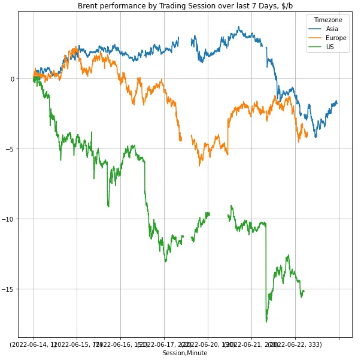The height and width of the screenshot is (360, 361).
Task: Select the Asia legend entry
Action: pos(332,29)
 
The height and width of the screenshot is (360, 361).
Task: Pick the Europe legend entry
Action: pos(336,38)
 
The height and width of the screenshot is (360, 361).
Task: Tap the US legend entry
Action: pos(330,47)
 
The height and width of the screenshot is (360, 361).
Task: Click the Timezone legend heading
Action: pos(328,20)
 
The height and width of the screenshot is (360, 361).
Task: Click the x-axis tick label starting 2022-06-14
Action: pos(34,345)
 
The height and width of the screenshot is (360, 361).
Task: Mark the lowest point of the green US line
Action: pos(266,322)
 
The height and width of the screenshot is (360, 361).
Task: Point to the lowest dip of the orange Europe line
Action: pos(200,165)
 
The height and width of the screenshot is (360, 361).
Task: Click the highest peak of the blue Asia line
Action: pos(239,26)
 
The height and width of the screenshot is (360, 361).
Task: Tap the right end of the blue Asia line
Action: pos(337,102)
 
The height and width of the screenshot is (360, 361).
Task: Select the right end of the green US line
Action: pos(304,291)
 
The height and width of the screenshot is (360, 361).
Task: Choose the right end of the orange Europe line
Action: pos(307,135)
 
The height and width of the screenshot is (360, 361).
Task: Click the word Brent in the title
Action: pos(88,5)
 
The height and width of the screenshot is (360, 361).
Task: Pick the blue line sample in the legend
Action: pos(315,29)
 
